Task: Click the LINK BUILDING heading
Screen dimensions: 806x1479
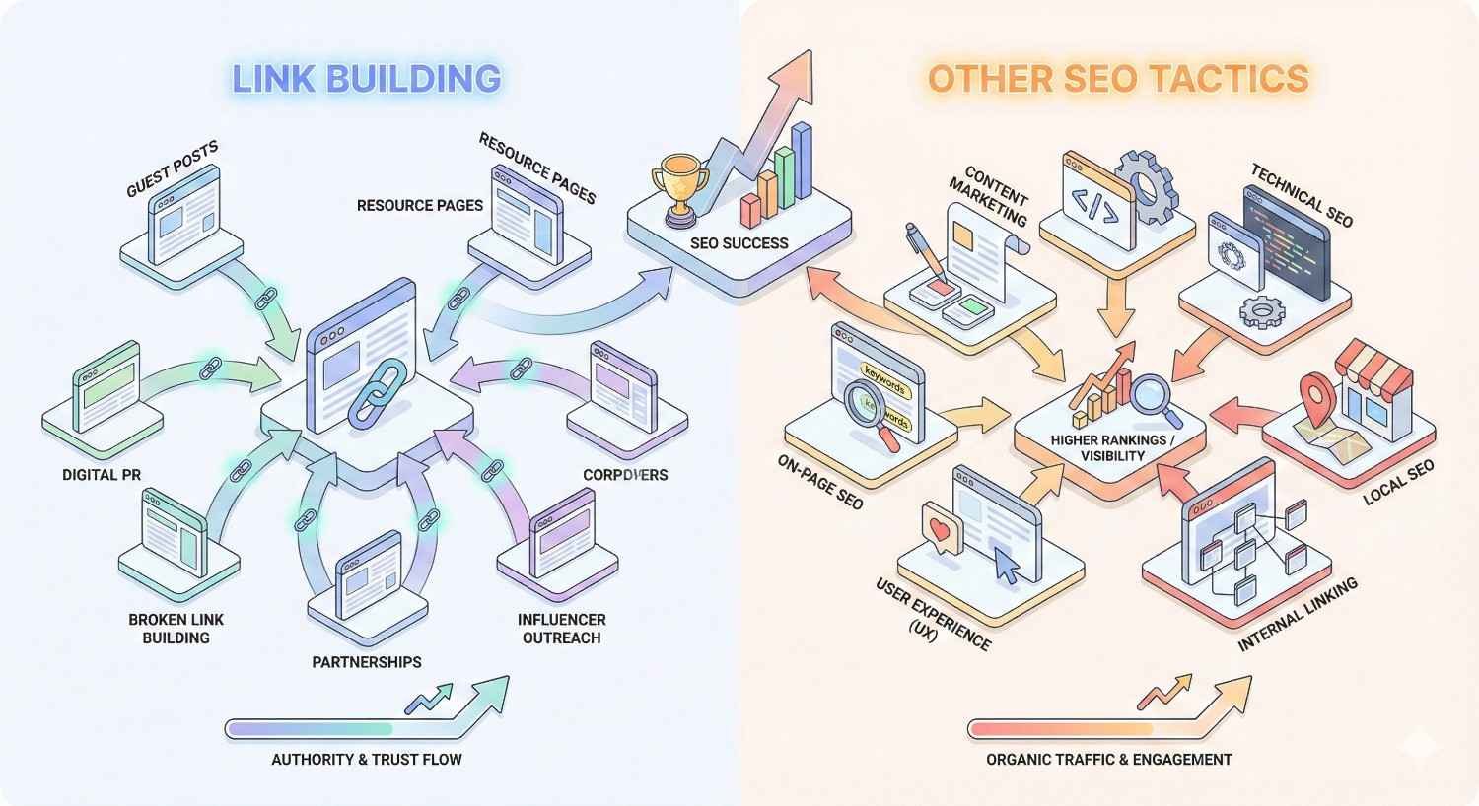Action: coord(366,78)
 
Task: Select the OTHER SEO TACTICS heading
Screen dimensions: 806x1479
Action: coord(1118,78)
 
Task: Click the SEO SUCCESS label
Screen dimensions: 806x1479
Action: coord(739,242)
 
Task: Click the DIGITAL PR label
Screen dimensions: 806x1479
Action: coord(102,475)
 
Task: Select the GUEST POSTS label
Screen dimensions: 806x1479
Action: coord(173,168)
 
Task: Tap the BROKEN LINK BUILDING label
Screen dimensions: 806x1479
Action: coord(176,629)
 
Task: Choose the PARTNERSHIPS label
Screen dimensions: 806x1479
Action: coord(367,662)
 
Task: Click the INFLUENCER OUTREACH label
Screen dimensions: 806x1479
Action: coord(561,629)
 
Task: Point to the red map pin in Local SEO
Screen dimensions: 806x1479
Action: coord(1316,394)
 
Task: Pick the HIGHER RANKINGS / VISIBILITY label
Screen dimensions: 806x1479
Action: coord(1111,447)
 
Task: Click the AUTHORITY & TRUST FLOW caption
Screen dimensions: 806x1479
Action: coord(367,759)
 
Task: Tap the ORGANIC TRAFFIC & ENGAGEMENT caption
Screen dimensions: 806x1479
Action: coord(1108,759)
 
